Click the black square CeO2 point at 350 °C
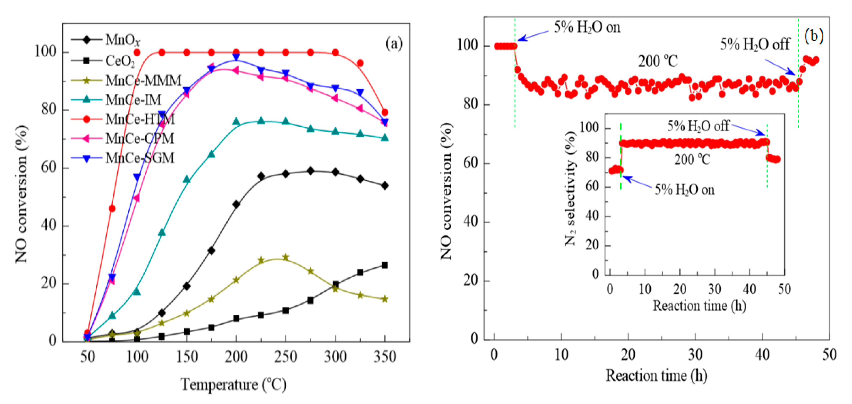point(384,265)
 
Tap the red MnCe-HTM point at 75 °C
point(112,208)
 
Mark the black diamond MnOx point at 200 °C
point(236,204)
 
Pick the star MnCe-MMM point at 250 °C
point(285,257)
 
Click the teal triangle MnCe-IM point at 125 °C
point(162,232)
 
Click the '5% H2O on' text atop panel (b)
point(587,27)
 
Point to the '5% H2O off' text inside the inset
point(698,126)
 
